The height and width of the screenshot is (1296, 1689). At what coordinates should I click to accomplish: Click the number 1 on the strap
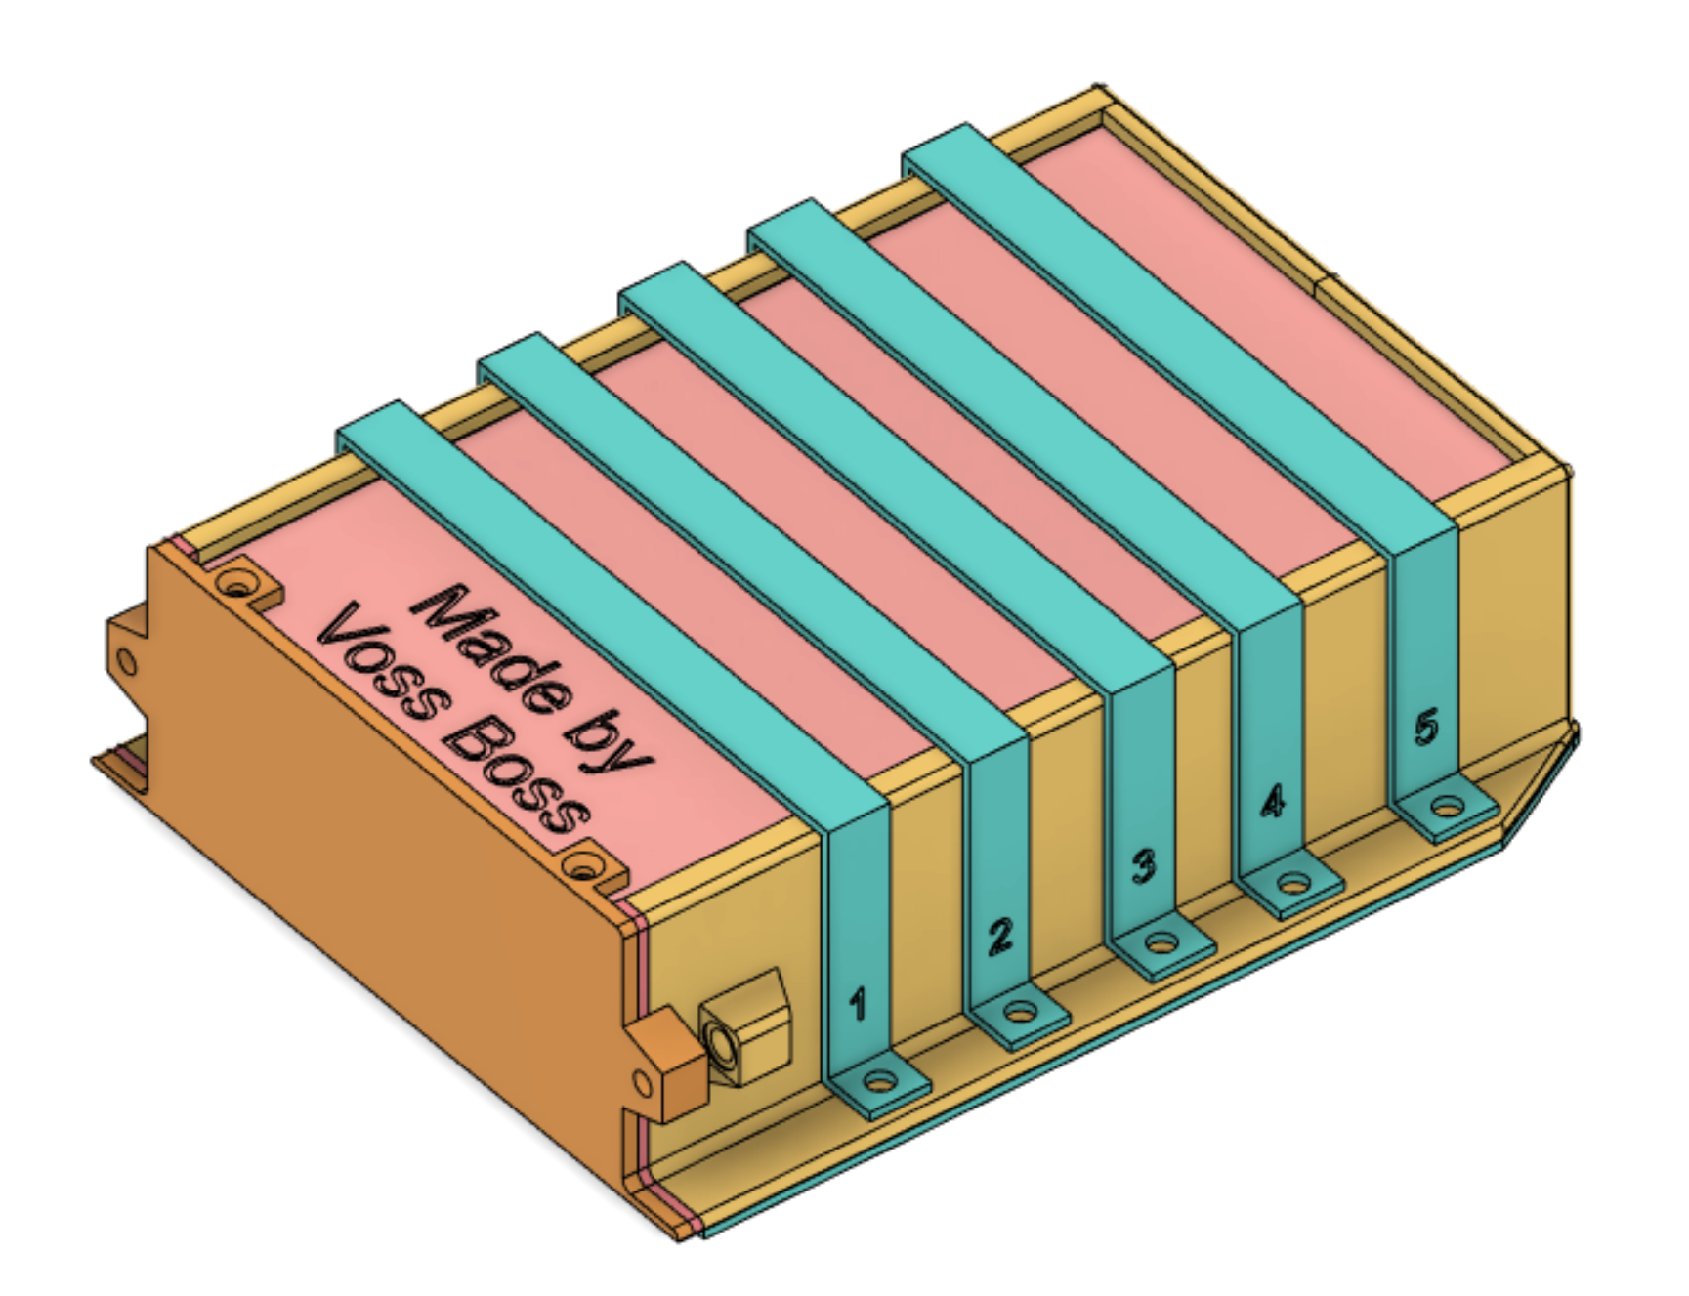tap(858, 1003)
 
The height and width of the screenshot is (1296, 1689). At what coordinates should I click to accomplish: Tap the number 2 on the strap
tap(999, 937)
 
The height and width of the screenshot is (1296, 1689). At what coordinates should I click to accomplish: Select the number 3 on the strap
tap(1143, 866)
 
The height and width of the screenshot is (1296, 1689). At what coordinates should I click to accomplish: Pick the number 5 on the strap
tap(1426, 728)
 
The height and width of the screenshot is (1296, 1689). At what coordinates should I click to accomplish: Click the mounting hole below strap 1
tap(880, 1082)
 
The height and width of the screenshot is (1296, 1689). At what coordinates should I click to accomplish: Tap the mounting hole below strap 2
tap(1020, 1012)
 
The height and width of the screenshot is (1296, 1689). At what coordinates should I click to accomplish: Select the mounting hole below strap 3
tap(1161, 943)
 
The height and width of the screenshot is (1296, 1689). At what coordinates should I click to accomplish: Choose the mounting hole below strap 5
tap(1447, 808)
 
